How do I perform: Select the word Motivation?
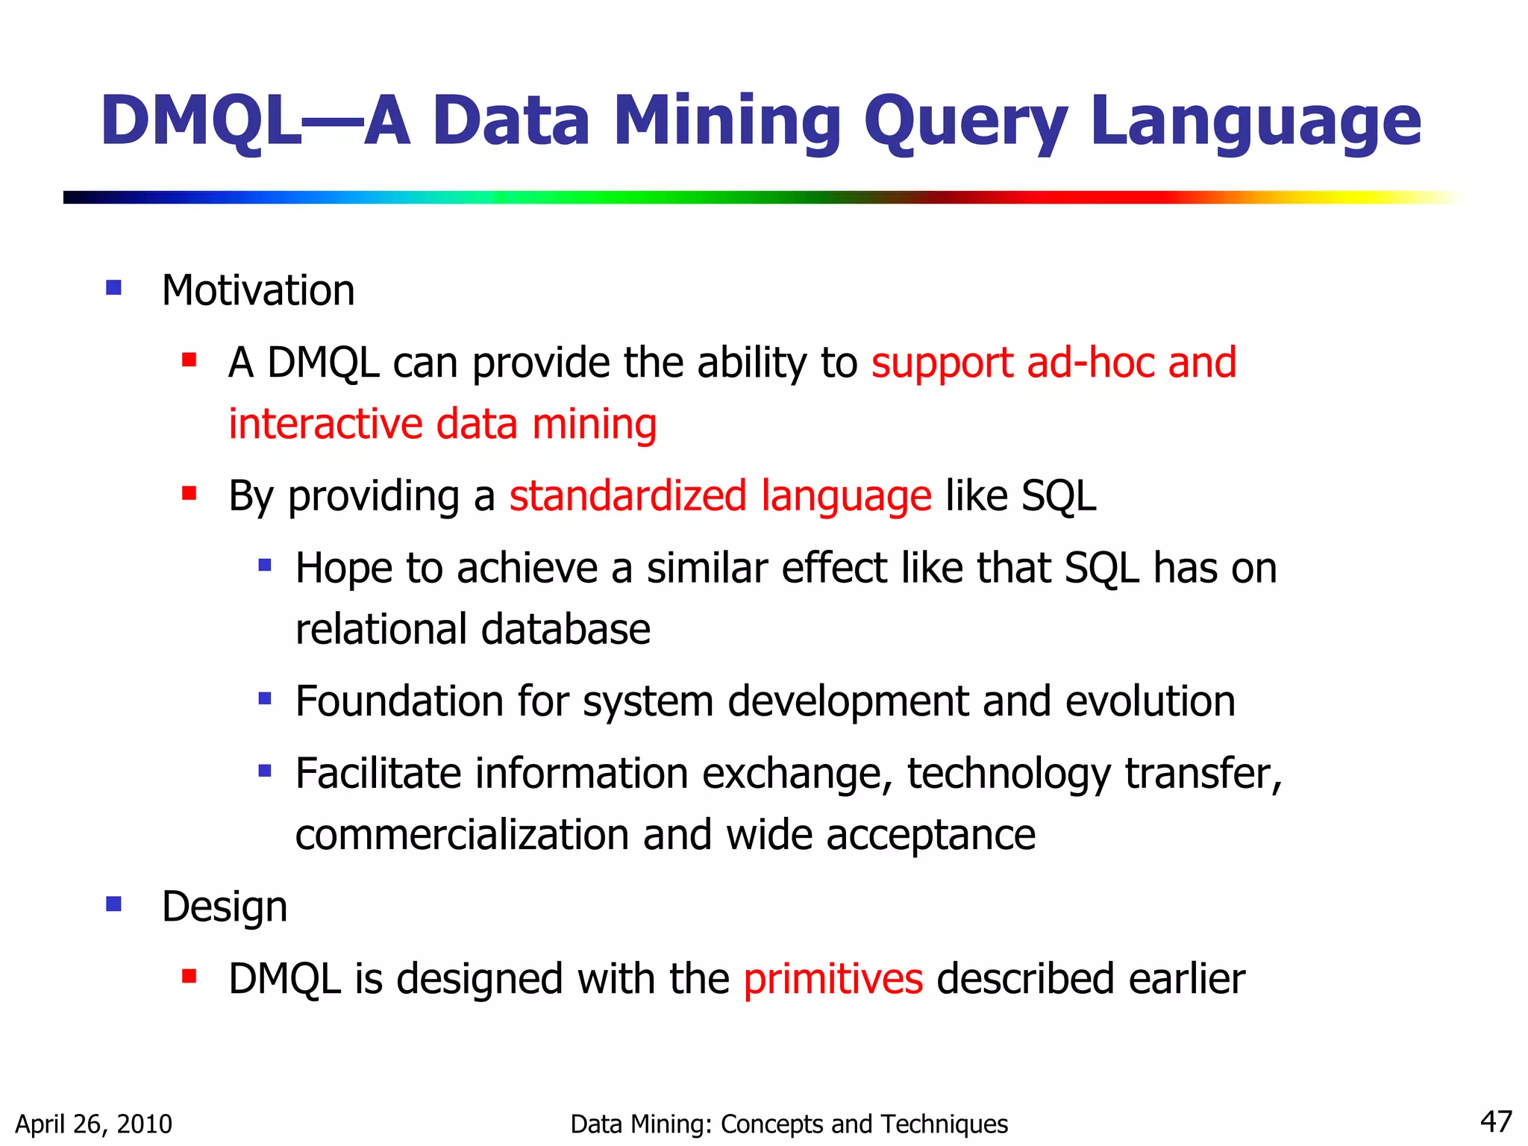258,290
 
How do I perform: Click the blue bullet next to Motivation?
113,288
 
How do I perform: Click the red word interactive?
325,424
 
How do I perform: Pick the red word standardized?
627,495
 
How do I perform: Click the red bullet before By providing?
189,493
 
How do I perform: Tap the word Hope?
343,568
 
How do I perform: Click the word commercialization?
462,834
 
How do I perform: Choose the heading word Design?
225,907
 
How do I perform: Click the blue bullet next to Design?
113,904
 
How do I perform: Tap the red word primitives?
833,979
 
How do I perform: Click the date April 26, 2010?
93,1124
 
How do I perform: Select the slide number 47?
1495,1121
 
